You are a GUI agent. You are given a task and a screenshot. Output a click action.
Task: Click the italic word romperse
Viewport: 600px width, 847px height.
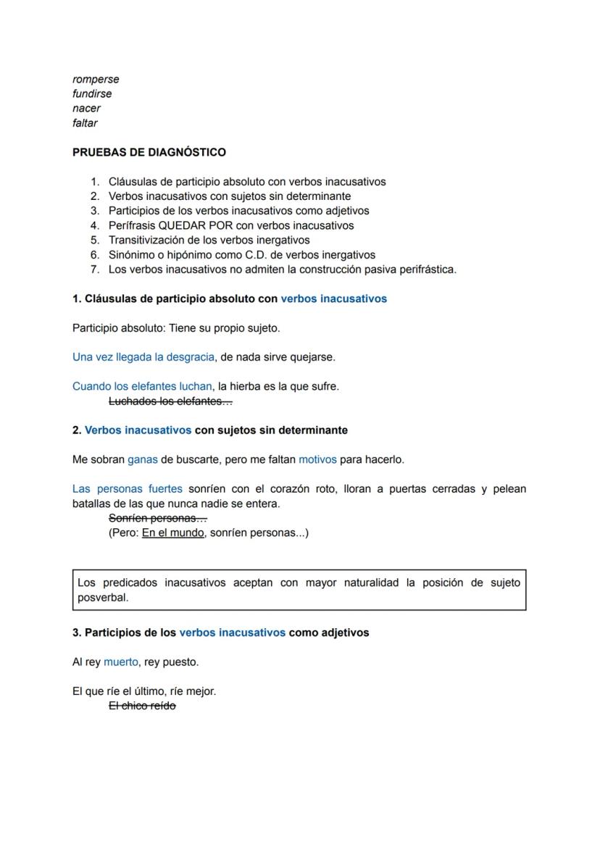(96, 79)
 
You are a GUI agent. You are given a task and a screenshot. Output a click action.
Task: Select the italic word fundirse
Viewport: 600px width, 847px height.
(92, 93)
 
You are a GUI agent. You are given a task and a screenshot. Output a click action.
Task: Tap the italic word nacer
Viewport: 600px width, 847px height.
(86, 108)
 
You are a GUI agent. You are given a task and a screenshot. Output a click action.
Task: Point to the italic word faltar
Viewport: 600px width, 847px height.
(85, 123)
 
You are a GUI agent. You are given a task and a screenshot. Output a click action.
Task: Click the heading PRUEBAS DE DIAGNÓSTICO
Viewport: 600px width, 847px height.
(149, 152)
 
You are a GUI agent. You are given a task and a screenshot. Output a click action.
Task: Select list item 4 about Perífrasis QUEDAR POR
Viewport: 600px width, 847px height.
(231, 225)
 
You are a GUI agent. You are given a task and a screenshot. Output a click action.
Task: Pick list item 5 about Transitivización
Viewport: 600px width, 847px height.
(209, 240)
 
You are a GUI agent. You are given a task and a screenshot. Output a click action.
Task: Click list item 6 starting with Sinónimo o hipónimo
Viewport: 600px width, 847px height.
(241, 254)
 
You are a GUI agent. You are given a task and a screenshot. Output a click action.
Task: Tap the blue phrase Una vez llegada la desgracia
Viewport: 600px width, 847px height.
(143, 356)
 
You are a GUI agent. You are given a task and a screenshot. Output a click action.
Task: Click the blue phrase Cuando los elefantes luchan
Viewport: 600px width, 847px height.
(142, 386)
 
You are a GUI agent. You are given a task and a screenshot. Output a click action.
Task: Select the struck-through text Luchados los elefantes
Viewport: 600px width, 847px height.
(170, 401)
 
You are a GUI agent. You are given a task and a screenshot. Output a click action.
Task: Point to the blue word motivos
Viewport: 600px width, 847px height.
(317, 459)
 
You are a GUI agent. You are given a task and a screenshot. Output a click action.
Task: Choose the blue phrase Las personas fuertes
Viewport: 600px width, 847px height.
(128, 489)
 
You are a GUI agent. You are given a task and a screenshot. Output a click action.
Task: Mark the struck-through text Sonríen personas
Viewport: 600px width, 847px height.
(157, 518)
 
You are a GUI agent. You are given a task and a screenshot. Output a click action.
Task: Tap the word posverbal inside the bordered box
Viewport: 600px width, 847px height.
(103, 598)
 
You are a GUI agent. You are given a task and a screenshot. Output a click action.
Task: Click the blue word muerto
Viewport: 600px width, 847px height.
(120, 662)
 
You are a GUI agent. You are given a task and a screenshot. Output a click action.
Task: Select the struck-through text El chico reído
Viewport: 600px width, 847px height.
(142, 706)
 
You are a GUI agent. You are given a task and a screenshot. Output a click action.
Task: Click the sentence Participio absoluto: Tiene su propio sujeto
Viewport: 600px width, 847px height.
(176, 327)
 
